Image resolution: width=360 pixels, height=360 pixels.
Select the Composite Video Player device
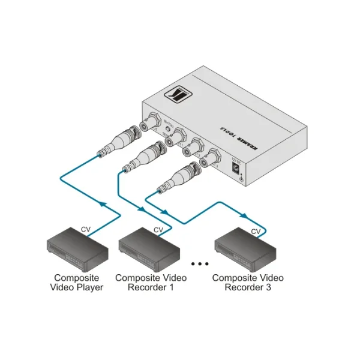click(77, 248)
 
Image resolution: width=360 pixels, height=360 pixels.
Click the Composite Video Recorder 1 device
click(149, 248)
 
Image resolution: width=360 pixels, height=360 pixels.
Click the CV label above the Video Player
click(86, 229)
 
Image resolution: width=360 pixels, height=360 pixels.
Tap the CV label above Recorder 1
click(158, 229)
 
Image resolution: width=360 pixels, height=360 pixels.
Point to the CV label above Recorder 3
click(256, 231)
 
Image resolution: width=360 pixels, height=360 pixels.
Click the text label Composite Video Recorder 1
click(151, 283)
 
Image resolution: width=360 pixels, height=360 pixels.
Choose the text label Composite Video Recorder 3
click(248, 283)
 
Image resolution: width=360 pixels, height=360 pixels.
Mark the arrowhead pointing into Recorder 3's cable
click(244, 215)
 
